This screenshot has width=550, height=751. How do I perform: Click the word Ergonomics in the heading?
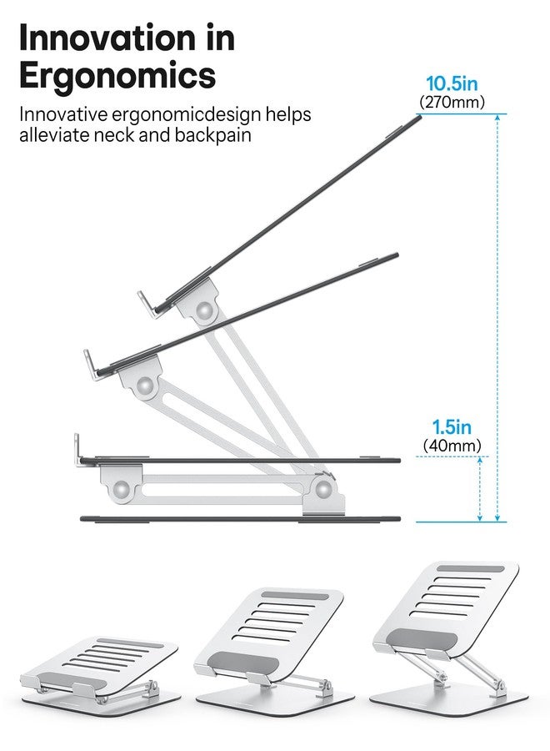pos(117,75)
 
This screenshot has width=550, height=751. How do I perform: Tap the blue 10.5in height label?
pos(452,83)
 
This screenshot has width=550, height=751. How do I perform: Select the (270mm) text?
pos(452,102)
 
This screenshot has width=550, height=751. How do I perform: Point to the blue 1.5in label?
pos(452,426)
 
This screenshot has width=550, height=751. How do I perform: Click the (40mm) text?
pos(452,446)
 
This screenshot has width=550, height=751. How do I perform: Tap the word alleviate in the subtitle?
pos(54,134)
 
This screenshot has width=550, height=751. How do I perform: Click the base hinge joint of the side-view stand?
pos(323,489)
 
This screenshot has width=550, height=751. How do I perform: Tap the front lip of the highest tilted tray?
pos(148,303)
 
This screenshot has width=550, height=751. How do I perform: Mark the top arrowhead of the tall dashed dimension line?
pos(497,118)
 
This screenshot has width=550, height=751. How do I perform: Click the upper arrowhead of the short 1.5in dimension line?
pos(480,460)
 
